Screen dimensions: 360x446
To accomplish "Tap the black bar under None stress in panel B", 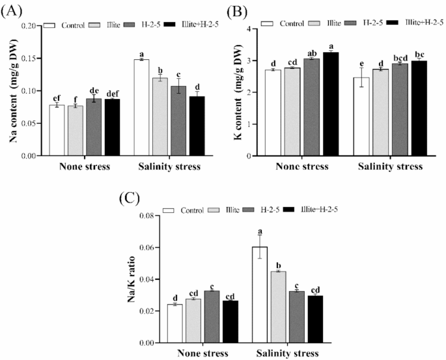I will click(x=331, y=104).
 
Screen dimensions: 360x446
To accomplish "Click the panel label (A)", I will click(x=12, y=10).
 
